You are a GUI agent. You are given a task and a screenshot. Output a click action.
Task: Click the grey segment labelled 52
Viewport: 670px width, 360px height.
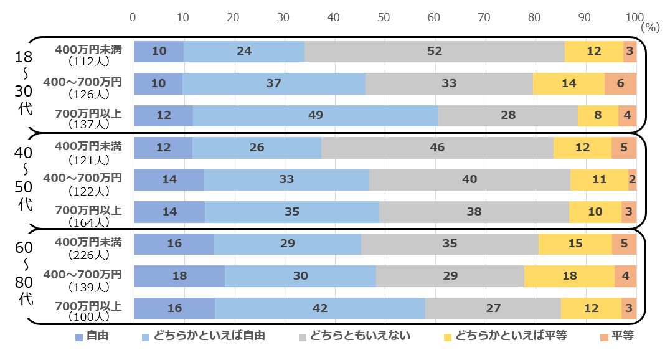click(x=435, y=51)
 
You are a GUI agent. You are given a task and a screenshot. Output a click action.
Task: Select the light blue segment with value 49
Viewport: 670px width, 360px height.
click(x=316, y=115)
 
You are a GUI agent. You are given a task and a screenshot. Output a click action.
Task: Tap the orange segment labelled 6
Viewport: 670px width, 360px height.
click(x=620, y=83)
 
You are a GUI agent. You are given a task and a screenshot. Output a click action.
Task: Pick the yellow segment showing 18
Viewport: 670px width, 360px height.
click(x=569, y=276)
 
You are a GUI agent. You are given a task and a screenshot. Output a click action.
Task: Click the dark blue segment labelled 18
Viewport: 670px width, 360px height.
click(x=179, y=276)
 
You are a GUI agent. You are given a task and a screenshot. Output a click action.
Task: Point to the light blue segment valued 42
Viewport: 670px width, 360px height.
click(x=320, y=308)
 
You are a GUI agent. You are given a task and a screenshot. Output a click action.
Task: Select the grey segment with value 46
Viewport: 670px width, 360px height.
click(x=437, y=148)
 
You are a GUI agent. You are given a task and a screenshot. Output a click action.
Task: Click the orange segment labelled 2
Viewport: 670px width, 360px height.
click(x=632, y=179)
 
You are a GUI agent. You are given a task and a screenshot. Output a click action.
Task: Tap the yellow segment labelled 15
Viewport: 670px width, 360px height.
click(x=575, y=244)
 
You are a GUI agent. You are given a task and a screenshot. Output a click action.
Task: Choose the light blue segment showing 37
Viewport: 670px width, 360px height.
click(x=274, y=83)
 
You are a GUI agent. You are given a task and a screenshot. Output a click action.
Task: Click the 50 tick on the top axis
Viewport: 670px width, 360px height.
click(x=384, y=17)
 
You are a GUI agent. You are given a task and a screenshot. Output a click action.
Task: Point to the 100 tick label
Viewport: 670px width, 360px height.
click(x=635, y=17)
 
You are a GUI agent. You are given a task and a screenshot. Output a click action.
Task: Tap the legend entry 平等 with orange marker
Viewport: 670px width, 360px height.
click(x=622, y=336)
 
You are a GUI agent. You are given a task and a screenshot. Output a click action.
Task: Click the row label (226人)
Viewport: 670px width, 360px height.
click(x=88, y=254)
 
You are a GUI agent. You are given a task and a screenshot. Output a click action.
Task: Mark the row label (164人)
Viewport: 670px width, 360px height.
click(x=88, y=222)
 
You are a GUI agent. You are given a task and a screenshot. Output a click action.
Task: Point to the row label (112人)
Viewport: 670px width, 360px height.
click(x=88, y=62)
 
